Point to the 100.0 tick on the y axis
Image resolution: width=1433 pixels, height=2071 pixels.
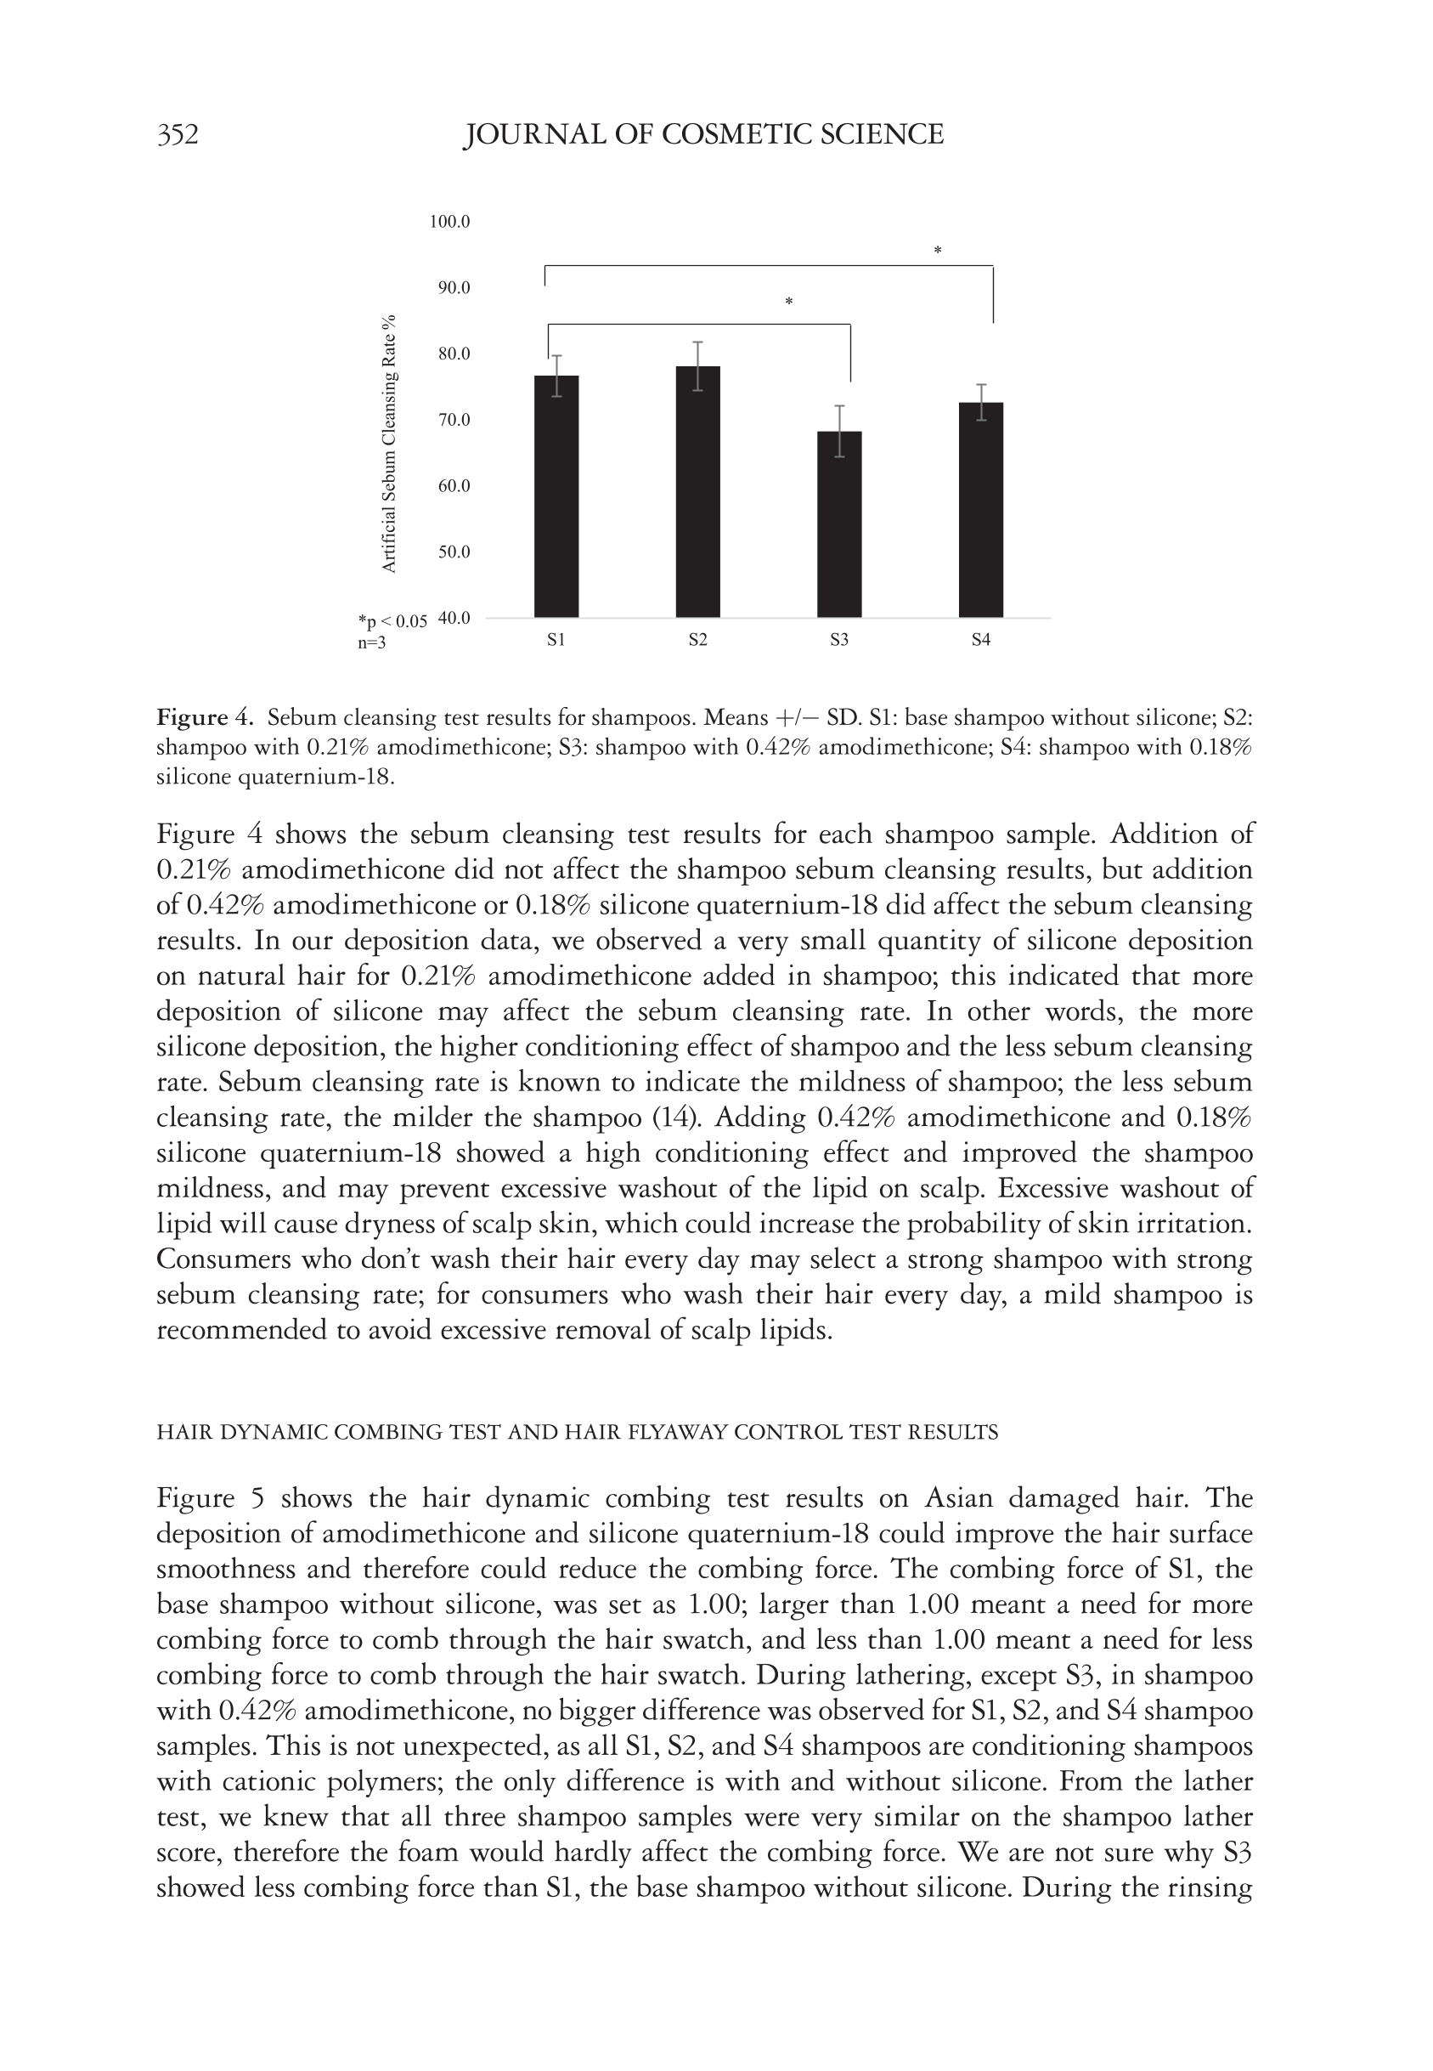(450, 222)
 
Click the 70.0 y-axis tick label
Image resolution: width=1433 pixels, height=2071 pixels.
(454, 420)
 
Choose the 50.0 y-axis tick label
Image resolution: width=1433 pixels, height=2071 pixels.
(454, 552)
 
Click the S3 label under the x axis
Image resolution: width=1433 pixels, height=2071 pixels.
(838, 641)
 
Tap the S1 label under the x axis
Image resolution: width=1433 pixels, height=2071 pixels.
(556, 641)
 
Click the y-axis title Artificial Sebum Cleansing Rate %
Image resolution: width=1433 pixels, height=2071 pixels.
(389, 444)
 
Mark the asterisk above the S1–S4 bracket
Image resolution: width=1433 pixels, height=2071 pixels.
(938, 251)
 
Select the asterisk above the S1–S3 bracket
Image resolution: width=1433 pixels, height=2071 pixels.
(788, 302)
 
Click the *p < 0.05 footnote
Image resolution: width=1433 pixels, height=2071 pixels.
(392, 620)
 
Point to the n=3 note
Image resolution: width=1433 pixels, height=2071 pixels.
(372, 643)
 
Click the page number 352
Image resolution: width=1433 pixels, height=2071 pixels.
(178, 135)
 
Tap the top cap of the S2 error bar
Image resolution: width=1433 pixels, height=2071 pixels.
(697, 342)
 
